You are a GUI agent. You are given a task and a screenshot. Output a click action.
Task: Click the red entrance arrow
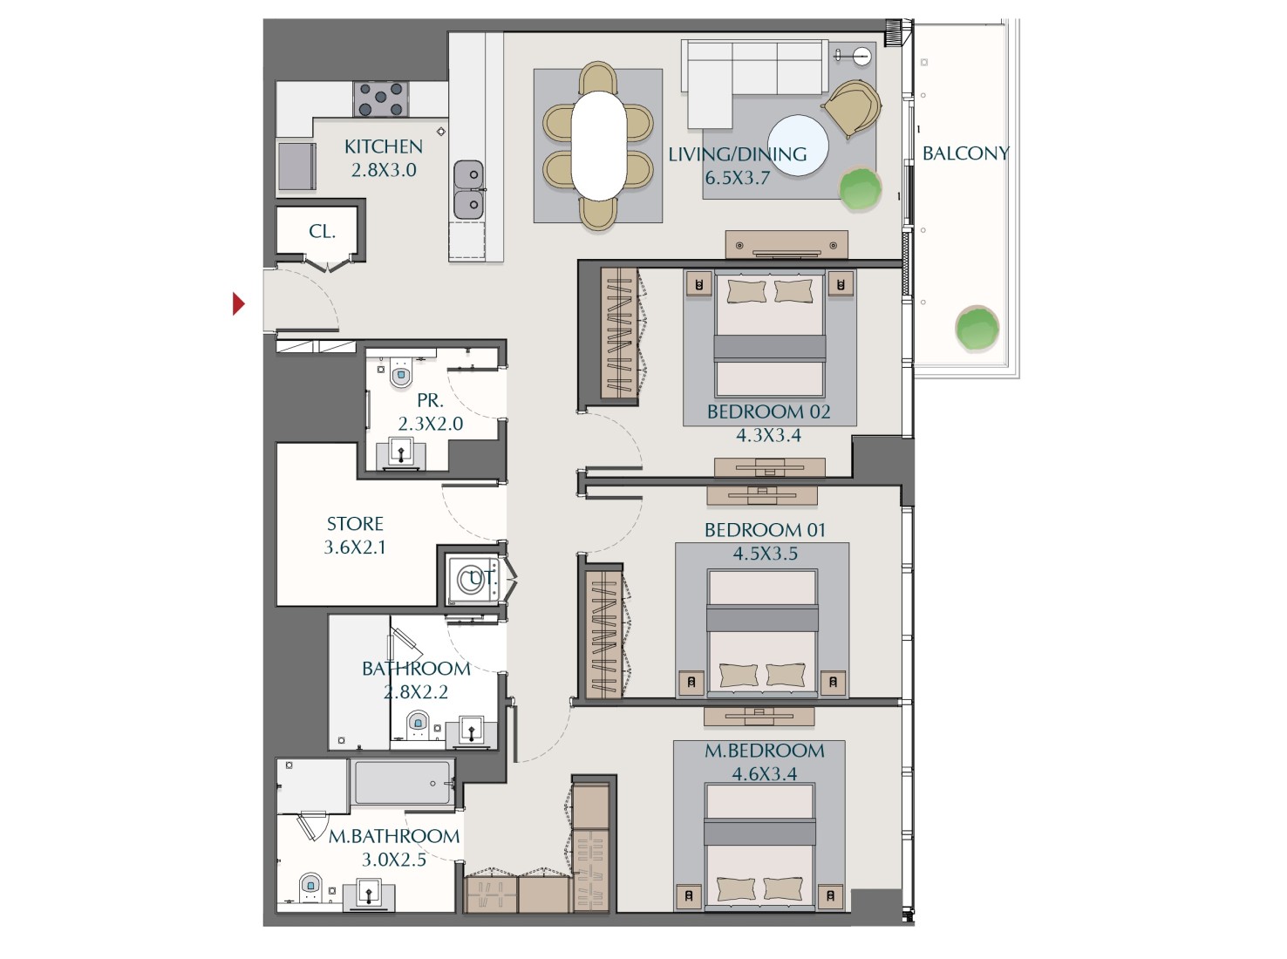tap(238, 303)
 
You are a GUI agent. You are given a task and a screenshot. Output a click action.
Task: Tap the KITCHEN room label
tap(384, 146)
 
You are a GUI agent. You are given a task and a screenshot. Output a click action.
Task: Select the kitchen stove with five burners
tap(381, 99)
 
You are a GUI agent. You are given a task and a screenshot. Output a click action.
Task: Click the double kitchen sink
tap(469, 189)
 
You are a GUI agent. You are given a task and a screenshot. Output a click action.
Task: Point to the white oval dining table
tap(598, 146)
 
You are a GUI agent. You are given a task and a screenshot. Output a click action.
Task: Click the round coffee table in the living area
tap(798, 146)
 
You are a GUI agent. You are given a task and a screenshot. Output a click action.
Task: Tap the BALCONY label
tap(965, 153)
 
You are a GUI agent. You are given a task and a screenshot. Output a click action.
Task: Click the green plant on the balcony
tap(977, 329)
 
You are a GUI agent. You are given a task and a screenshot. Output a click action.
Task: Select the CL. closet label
tap(322, 232)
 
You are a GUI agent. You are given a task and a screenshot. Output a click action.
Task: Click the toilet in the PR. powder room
tap(401, 375)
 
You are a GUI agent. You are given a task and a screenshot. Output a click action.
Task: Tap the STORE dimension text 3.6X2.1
tap(355, 548)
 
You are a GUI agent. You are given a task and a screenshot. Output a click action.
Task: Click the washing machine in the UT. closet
tap(472, 579)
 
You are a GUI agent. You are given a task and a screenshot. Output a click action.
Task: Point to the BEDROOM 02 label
tap(768, 411)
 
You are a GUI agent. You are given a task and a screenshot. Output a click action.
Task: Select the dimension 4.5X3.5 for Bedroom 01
tap(765, 554)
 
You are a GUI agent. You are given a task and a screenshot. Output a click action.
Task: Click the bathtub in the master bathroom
tap(403, 782)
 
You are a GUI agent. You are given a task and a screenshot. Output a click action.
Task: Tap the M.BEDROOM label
tap(765, 751)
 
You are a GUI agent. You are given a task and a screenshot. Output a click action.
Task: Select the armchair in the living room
tap(851, 106)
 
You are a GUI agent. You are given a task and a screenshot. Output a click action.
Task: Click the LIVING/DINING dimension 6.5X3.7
tap(738, 178)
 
